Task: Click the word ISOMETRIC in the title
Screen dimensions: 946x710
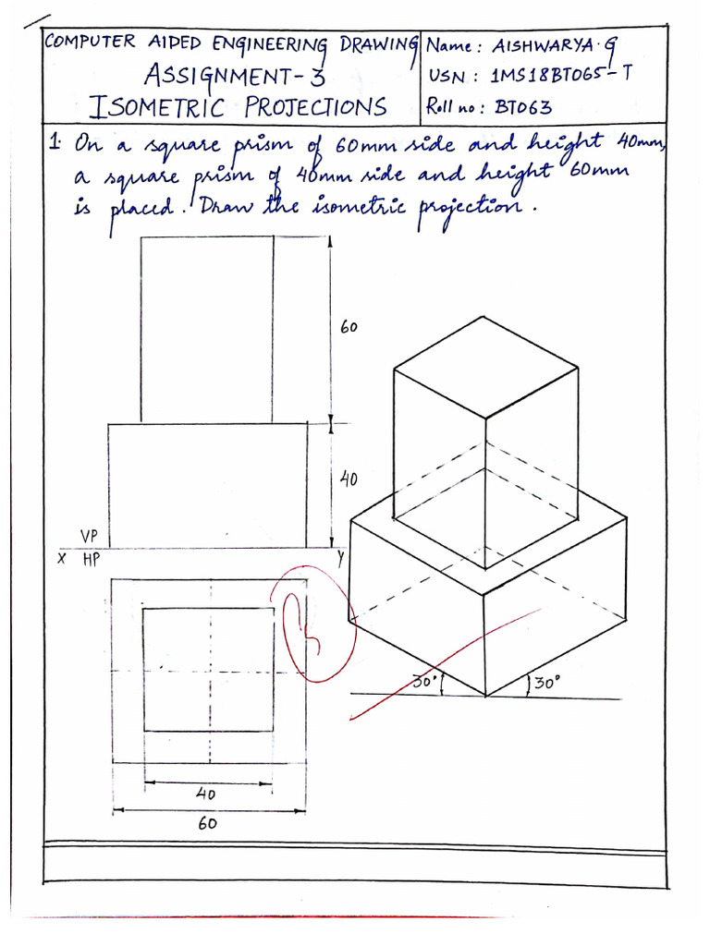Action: pos(161,107)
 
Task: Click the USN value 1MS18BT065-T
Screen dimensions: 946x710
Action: pos(559,75)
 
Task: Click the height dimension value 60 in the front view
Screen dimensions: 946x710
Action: pos(349,328)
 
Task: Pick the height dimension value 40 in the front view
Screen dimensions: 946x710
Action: pos(349,479)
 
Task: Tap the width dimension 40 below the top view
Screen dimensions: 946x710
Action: pos(206,793)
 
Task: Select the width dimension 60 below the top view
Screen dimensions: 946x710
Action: pos(206,823)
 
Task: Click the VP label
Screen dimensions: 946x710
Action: pos(90,536)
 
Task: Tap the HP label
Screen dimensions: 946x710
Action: pos(91,560)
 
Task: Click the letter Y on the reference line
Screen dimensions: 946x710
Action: pos(340,558)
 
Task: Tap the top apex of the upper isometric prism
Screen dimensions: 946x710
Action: pos(484,318)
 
